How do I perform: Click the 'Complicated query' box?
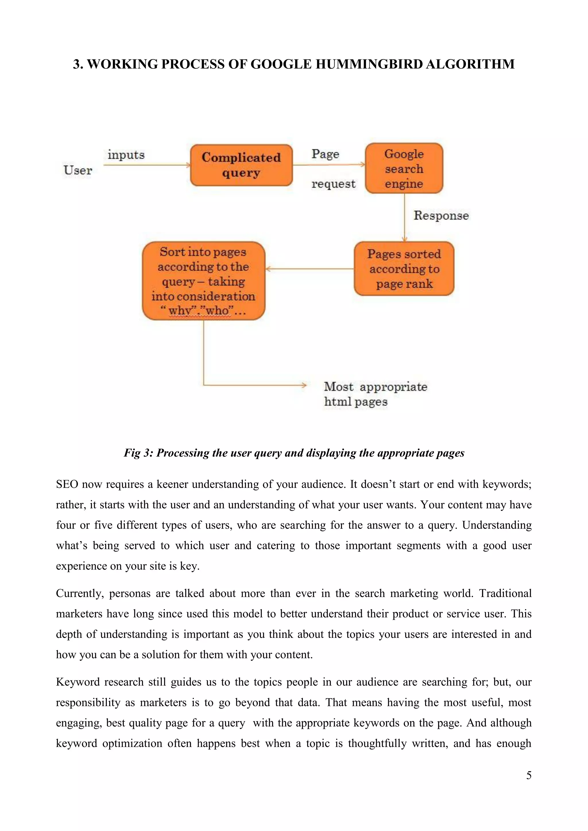coord(241,165)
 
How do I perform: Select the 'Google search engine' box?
coord(404,168)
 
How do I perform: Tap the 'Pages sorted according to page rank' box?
coord(404,269)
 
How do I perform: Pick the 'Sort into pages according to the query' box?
coord(204,281)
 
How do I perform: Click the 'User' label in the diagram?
coord(78,170)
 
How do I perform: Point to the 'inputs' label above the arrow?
coord(126,155)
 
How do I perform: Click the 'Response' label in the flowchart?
coord(441,216)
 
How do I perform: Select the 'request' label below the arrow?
coord(333,184)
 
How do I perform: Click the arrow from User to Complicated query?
coord(147,165)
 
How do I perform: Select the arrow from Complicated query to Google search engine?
coord(328,165)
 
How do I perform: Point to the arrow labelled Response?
coord(405,217)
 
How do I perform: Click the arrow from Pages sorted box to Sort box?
coord(310,269)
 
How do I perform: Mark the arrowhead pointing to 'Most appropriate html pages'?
coord(304,385)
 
